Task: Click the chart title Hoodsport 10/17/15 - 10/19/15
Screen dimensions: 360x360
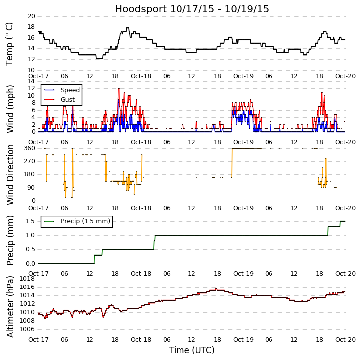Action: click(192, 9)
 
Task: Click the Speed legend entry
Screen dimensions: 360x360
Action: click(70, 90)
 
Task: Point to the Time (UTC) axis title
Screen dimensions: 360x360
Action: click(192, 350)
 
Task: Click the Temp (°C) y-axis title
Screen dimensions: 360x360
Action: click(10, 44)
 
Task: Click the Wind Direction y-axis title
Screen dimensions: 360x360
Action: click(10, 174)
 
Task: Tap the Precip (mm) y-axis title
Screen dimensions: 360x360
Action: click(10, 240)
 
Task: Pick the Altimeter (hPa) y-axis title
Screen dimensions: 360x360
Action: click(10, 306)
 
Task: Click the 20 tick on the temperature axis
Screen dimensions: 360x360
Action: click(31, 16)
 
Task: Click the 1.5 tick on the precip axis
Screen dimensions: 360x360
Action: click(29, 221)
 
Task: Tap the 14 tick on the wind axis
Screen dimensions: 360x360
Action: click(31, 81)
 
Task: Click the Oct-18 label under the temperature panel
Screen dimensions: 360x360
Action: click(141, 76)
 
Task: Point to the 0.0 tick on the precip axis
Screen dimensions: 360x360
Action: click(29, 264)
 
